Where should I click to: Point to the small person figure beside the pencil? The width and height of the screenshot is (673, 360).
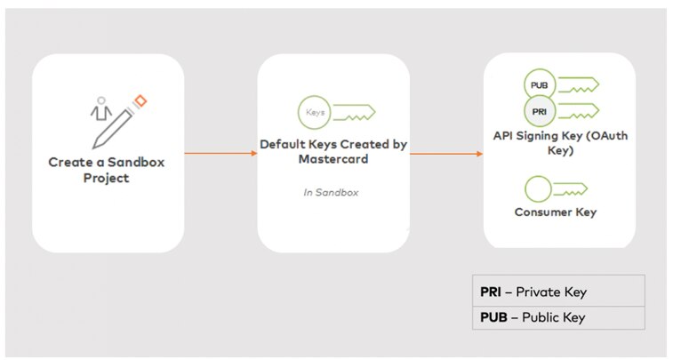click(x=100, y=109)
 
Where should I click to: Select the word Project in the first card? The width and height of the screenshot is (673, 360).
click(x=106, y=178)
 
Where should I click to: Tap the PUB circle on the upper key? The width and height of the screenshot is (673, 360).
click(x=539, y=85)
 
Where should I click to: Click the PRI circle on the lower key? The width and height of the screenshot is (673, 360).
click(x=539, y=111)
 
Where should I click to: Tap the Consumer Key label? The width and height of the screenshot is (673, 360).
click(x=555, y=212)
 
